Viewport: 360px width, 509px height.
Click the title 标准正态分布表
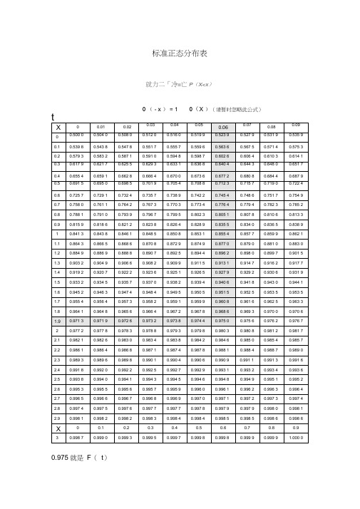[x=180, y=53]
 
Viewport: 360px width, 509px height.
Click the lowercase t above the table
[x=53, y=115]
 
